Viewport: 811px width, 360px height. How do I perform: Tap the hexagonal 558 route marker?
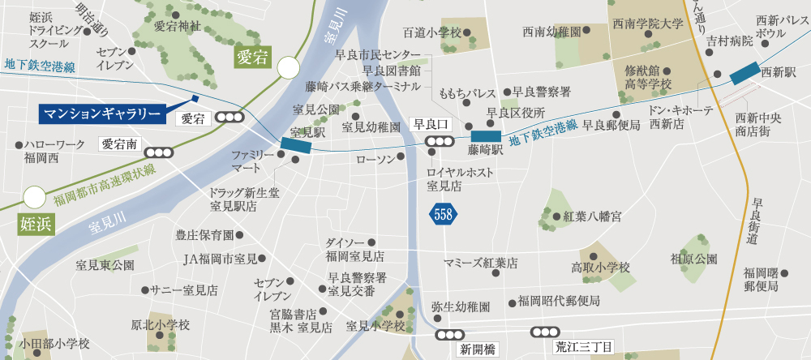tap(444, 214)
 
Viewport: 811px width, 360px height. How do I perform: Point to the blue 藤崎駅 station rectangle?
tap(486, 136)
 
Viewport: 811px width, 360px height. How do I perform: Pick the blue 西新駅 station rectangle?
tap(744, 73)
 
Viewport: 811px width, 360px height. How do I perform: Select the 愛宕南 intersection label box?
tap(121, 145)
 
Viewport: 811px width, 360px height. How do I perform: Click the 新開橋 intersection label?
tap(476, 349)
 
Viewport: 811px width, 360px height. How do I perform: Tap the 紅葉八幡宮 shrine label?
tap(592, 216)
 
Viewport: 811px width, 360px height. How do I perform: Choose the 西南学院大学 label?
tap(649, 24)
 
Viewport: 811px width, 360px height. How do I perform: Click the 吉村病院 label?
tap(730, 41)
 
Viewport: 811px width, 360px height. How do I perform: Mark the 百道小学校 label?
tap(431, 32)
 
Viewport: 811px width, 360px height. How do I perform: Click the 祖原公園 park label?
tap(694, 259)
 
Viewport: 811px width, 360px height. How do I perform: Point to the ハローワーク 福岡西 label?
tap(54, 152)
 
